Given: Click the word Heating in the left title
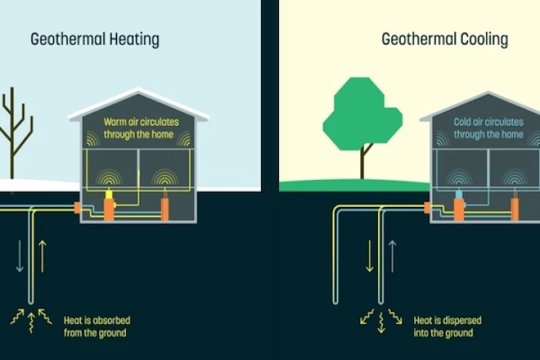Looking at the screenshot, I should point(130,39).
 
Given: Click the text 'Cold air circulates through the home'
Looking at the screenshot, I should point(488,127).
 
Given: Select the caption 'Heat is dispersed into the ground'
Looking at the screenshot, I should point(447,326).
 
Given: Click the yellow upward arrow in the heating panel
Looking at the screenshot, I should point(42,256).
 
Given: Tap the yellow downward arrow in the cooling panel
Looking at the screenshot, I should point(370,256).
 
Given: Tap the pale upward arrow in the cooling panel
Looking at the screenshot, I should point(391,256).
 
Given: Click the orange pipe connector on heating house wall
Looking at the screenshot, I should point(76,206).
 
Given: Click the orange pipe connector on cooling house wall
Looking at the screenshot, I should point(427,208).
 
